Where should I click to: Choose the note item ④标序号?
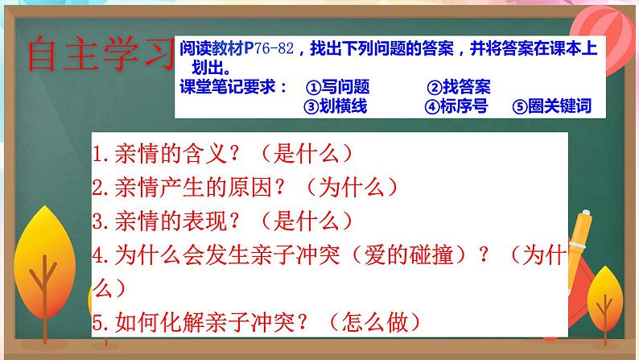[x=456, y=106]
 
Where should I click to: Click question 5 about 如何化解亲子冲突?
[x=258, y=322]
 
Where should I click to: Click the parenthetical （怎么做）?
[x=377, y=322]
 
